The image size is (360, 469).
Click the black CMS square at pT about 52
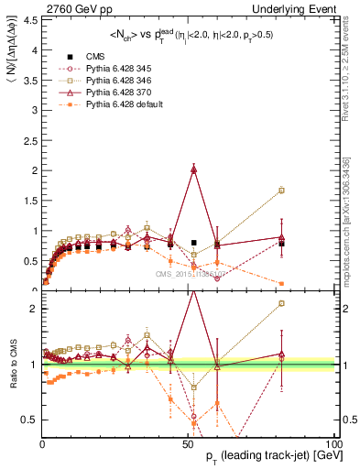point(193,243)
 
